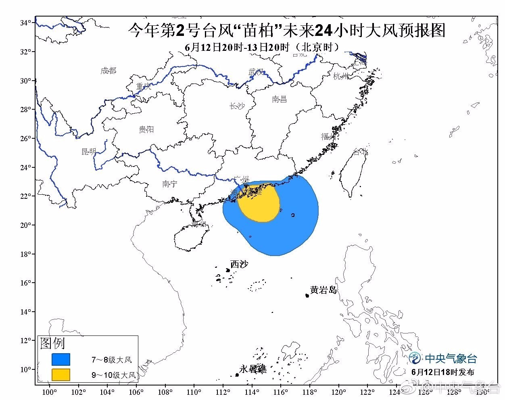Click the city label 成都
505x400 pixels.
click(108, 71)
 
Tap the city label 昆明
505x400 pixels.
click(89, 152)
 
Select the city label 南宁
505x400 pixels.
click(169, 184)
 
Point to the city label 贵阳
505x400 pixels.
click(146, 129)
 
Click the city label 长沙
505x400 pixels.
click(237, 106)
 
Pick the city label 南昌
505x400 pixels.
click(279, 99)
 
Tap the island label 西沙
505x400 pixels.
click(239, 265)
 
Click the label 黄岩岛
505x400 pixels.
click(323, 290)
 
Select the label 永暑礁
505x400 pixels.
click(253, 369)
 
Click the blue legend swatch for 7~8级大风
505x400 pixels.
click(61, 359)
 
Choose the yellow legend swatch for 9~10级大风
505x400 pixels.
click(61, 375)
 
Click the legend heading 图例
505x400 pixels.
click(52, 344)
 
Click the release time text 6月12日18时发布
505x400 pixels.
click(443, 372)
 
